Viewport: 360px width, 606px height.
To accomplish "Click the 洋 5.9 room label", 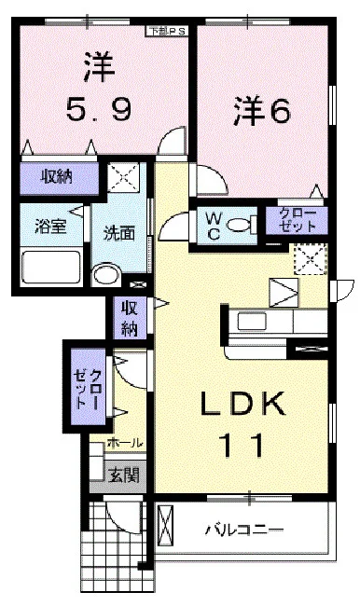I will tap(97, 89).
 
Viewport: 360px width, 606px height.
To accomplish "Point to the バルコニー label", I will tap(244, 530).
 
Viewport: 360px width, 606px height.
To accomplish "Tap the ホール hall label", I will tap(125, 443).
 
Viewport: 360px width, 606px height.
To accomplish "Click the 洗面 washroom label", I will tap(120, 233).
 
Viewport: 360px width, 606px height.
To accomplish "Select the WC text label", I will tap(214, 224).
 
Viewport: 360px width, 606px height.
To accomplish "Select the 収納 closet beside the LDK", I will tap(128, 318).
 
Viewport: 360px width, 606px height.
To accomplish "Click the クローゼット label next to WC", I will tap(297, 220).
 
